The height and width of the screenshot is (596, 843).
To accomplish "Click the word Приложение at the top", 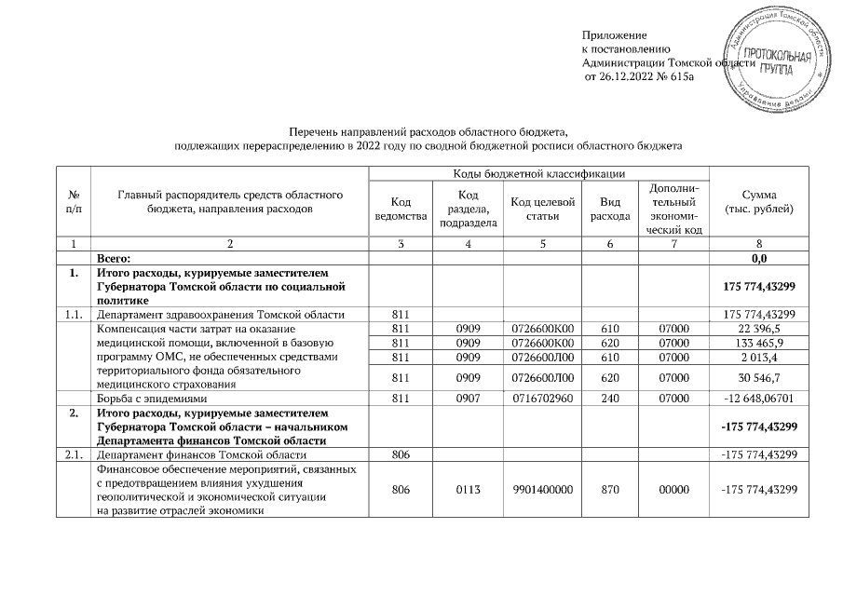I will [614, 34].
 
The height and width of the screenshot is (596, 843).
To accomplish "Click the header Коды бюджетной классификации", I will [538, 174].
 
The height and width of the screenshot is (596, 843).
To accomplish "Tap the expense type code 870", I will [610, 490].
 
